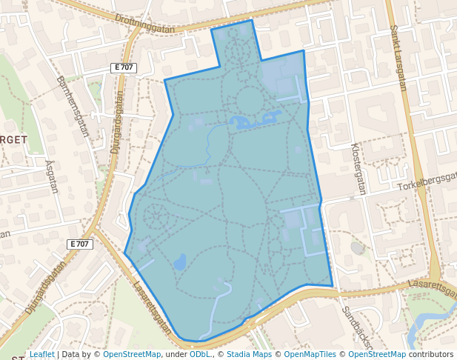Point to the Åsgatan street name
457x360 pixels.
51,176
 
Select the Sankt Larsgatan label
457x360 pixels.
398,58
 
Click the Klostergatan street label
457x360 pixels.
358,169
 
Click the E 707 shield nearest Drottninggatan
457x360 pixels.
124,67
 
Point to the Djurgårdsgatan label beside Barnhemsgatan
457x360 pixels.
116,123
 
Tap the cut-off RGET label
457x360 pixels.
14,139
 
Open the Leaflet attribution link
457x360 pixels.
42,354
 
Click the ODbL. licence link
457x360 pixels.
200,354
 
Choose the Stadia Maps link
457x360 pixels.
249,354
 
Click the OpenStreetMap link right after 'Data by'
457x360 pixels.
132,354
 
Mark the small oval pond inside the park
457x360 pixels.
179,261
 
